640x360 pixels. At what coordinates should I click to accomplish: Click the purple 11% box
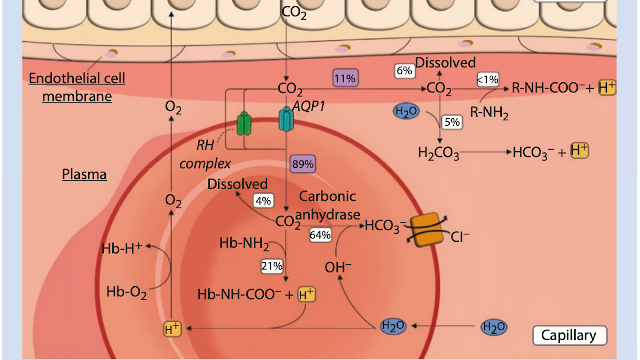click(x=345, y=78)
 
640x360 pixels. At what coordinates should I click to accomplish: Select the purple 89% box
click(x=303, y=164)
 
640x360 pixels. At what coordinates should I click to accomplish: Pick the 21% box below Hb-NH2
click(x=272, y=266)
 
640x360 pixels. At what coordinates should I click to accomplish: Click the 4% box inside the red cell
click(x=263, y=201)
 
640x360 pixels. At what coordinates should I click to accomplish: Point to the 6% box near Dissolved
click(x=404, y=71)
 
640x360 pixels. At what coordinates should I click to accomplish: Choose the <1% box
click(x=487, y=79)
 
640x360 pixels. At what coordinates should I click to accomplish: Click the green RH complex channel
click(x=244, y=123)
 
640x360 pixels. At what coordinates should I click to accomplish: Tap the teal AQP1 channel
click(x=285, y=121)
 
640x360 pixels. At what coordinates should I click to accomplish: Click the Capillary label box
click(x=569, y=335)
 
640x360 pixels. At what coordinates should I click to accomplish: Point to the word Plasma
click(x=84, y=175)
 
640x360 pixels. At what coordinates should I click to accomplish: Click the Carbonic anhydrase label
click(x=328, y=205)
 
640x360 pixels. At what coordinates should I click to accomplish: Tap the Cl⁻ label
click(x=460, y=237)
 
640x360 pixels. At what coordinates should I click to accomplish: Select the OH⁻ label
click(x=338, y=267)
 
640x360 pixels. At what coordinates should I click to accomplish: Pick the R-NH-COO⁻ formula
click(x=547, y=89)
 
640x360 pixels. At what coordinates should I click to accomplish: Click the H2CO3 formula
click(x=438, y=153)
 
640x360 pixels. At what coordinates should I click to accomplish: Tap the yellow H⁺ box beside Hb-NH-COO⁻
click(x=307, y=295)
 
